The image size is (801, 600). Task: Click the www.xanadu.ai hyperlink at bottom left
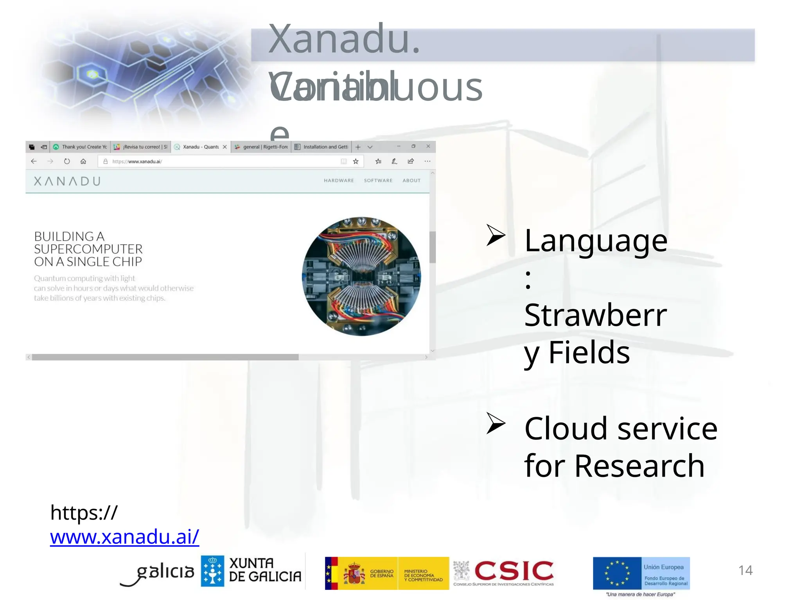coord(124,537)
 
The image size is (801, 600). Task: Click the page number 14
coord(745,570)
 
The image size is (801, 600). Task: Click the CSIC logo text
coord(514,571)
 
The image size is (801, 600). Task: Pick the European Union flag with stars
coord(616,573)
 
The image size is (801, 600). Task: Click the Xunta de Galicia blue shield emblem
coord(212,571)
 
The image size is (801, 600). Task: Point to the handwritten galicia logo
coord(158,573)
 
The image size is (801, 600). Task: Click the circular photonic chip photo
coord(361,277)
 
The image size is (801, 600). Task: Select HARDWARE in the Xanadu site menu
coord(339,180)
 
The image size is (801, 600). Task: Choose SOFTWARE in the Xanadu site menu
coord(378,180)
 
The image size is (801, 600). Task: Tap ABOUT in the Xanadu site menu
coord(411,180)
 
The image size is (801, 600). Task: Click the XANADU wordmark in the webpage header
coord(67,181)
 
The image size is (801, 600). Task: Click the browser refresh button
coord(67,161)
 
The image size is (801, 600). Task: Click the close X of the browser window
coord(428,146)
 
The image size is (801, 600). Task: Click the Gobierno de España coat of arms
coord(354,573)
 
